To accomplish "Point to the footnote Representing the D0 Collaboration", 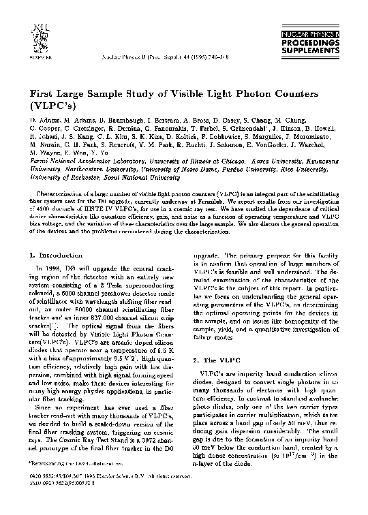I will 71,482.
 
